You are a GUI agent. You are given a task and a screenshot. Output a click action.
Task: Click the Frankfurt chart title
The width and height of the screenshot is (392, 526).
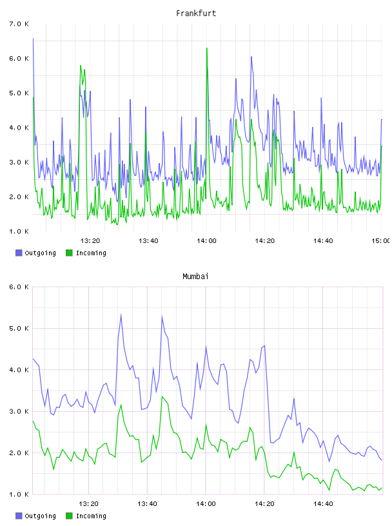pos(196,14)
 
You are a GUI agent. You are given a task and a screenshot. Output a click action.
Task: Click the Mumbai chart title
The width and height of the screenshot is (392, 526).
pos(195,277)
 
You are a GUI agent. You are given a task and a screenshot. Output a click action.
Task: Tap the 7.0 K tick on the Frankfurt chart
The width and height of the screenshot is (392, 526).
pos(19,24)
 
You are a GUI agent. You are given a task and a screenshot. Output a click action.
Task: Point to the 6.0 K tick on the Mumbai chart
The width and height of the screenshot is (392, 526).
pos(19,287)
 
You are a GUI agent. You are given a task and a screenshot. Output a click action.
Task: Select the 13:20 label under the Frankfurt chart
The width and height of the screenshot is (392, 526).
pos(90,240)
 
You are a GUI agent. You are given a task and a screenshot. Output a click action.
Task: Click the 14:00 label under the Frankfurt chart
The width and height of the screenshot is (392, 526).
pos(206,240)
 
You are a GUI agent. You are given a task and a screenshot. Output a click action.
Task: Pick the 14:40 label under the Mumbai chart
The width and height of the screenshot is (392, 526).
pos(323,503)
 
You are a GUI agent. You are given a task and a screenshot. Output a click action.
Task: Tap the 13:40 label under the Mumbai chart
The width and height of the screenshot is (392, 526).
pos(147,503)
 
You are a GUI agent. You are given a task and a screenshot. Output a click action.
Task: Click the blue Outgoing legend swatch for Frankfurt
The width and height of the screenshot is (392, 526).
pos(19,253)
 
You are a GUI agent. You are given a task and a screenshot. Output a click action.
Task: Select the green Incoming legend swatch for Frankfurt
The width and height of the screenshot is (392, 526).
pos(69,253)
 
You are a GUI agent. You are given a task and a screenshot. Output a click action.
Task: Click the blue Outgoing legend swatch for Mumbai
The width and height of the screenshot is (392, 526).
pos(19,516)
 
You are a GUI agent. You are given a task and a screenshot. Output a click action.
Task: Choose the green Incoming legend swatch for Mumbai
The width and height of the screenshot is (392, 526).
pos(69,516)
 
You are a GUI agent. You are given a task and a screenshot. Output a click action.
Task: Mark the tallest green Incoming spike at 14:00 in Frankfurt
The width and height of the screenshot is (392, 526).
pos(207,48)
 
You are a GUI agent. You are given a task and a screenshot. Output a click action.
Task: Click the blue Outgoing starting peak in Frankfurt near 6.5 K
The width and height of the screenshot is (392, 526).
pos(33,39)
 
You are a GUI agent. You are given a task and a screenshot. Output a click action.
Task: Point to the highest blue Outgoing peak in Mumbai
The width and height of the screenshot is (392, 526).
pos(121,315)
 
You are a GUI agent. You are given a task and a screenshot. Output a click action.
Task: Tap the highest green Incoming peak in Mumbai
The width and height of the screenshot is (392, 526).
pos(162,397)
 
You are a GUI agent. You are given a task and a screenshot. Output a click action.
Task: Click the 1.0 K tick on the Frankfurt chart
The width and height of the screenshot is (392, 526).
pos(19,231)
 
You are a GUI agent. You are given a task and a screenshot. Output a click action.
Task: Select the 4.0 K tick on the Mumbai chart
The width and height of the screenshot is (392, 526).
pos(19,369)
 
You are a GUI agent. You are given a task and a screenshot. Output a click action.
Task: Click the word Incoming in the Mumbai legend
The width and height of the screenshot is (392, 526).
pos(91,516)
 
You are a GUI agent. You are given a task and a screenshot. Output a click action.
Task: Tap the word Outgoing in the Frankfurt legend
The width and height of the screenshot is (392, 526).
pos(40,253)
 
